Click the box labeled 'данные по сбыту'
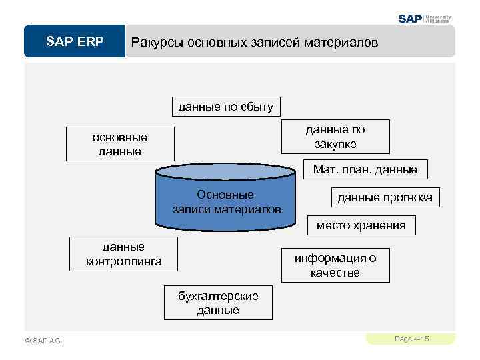pyautogui.click(x=225, y=107)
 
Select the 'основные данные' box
pyautogui.click(x=120, y=144)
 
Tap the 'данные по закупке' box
pyautogui.click(x=335, y=137)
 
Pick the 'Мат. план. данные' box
pyautogui.click(x=365, y=169)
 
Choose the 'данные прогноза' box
pyautogui.click(x=385, y=197)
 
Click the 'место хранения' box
pyautogui.click(x=361, y=225)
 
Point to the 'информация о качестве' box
pyautogui.click(x=335, y=265)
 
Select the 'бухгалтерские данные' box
pyautogui.click(x=218, y=303)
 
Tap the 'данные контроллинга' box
pyautogui.click(x=124, y=254)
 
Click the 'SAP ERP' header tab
pyautogui.click(x=75, y=42)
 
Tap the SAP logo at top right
pyautogui.click(x=411, y=19)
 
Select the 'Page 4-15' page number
pyautogui.click(x=411, y=339)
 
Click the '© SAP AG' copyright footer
pyautogui.click(x=42, y=341)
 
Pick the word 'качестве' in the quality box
pyautogui.click(x=335, y=273)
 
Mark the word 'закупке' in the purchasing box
pyautogui.click(x=335, y=144)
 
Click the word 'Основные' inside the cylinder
pyautogui.click(x=225, y=195)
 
